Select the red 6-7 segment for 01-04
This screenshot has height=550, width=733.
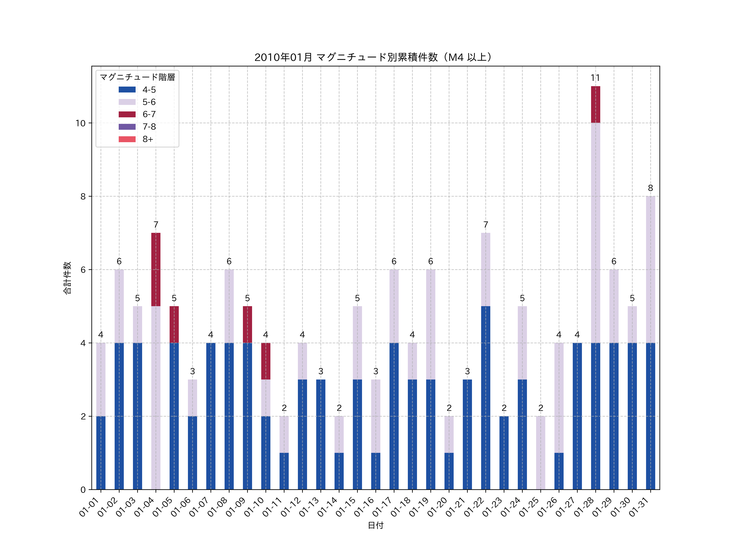[x=156, y=269]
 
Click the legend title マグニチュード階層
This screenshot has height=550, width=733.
[x=137, y=77]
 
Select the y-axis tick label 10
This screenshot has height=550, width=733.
[x=80, y=123]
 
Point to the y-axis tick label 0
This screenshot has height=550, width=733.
[x=83, y=490]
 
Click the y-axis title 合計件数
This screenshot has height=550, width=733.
[x=67, y=278]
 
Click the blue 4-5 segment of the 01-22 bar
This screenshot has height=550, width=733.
[x=485, y=398]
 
